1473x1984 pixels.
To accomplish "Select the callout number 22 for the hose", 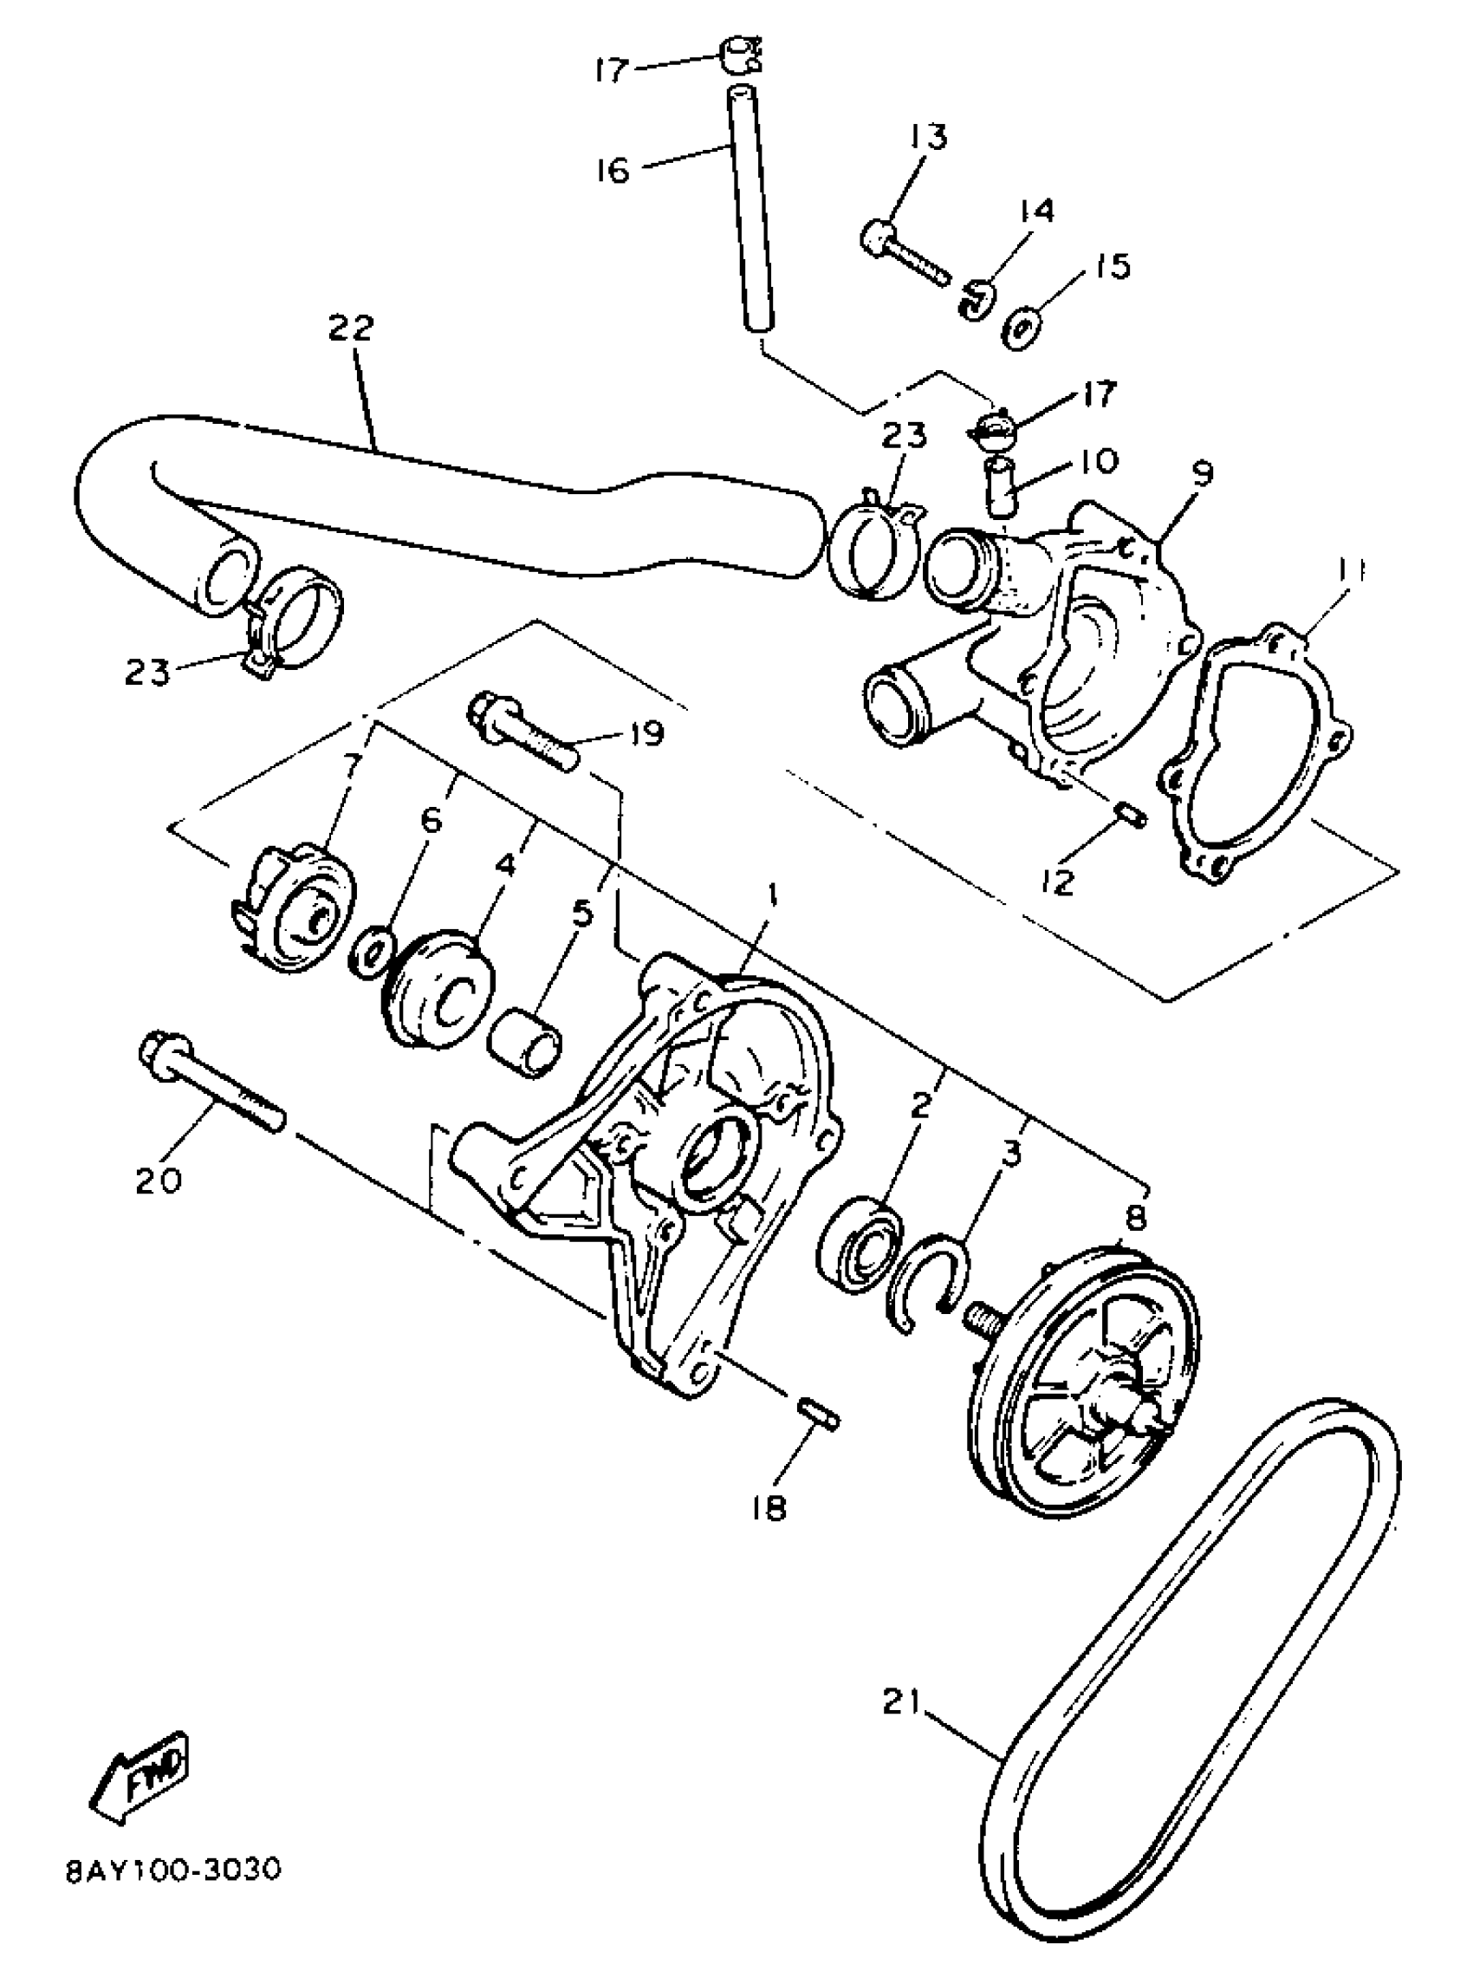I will [349, 328].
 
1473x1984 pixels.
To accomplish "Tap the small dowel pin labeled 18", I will [816, 1415].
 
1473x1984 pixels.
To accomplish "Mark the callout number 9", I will [1202, 473].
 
